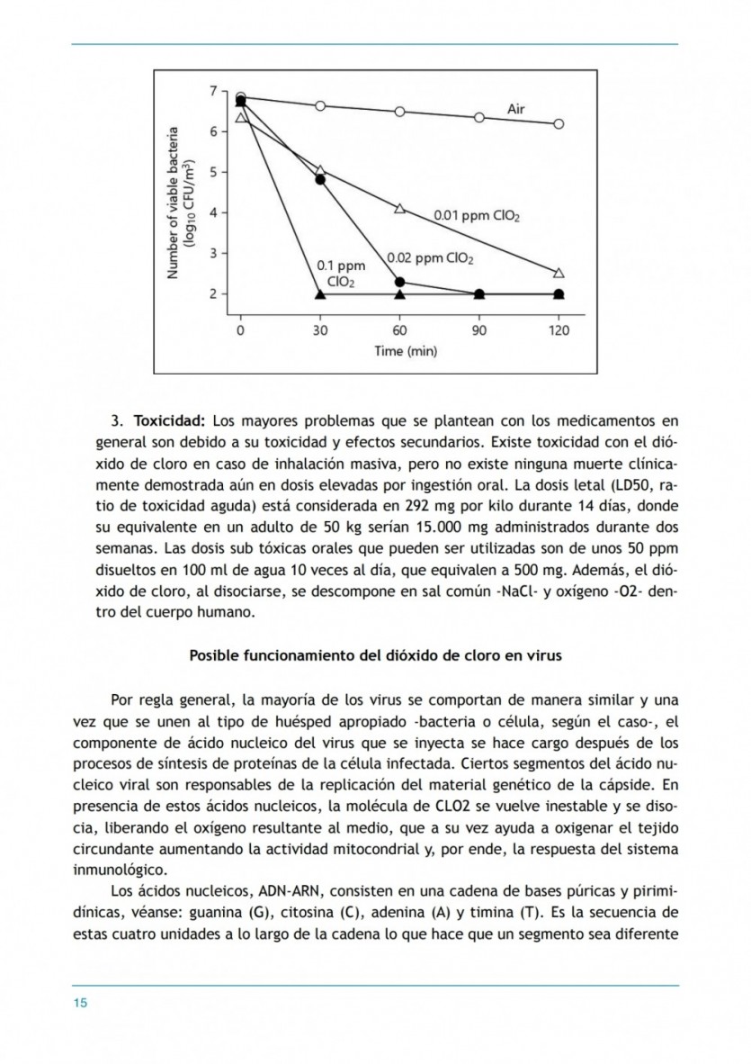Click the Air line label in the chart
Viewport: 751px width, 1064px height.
pyautogui.click(x=516, y=109)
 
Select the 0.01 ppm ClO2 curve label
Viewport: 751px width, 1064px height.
pyautogui.click(x=477, y=216)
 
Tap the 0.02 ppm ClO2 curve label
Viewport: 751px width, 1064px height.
pyautogui.click(x=430, y=258)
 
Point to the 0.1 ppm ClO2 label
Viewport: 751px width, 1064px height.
pyautogui.click(x=341, y=274)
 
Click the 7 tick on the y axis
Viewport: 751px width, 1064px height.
pyautogui.click(x=213, y=90)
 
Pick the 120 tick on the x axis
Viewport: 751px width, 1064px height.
pyautogui.click(x=559, y=330)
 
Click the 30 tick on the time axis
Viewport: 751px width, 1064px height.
pyautogui.click(x=320, y=330)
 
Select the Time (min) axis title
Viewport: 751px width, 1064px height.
pyautogui.click(x=406, y=351)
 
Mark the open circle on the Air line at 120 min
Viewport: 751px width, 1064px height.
pyautogui.click(x=559, y=124)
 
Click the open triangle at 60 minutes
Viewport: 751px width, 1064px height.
pyautogui.click(x=400, y=209)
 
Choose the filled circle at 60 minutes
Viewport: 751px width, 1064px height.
pyautogui.click(x=400, y=282)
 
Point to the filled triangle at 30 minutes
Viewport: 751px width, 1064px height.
pyautogui.click(x=320, y=294)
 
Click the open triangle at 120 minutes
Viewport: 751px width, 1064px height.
pyautogui.click(x=559, y=272)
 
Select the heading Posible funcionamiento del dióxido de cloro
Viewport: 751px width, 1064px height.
pyautogui.click(x=375, y=655)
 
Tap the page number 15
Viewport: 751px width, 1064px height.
pyautogui.click(x=79, y=1004)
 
